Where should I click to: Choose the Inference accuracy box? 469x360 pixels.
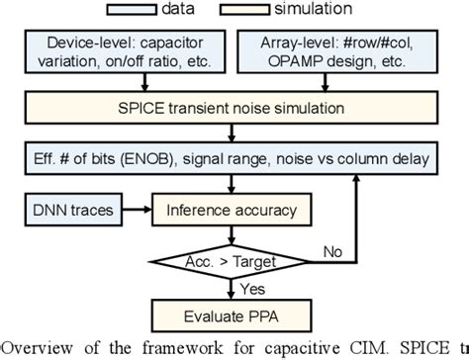234,210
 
